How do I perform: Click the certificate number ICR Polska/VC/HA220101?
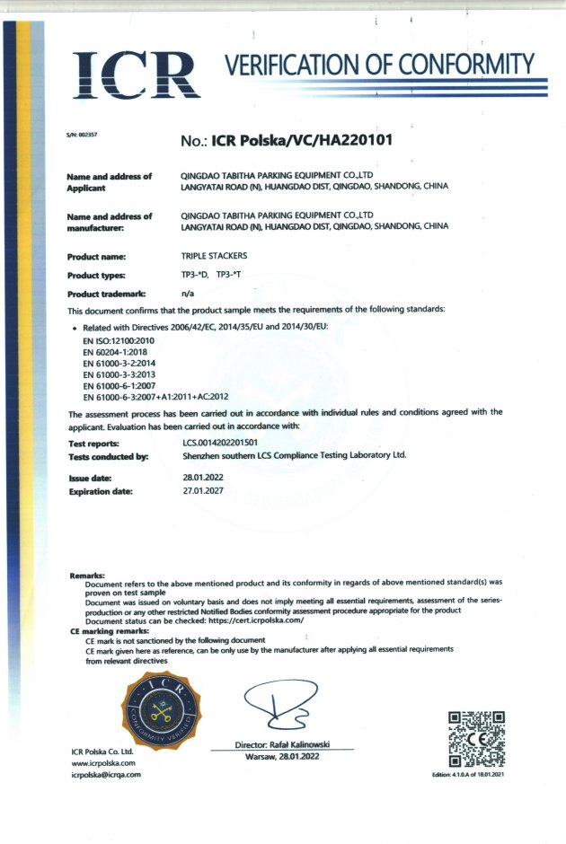pyautogui.click(x=300, y=140)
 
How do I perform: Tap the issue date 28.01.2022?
pyautogui.click(x=200, y=478)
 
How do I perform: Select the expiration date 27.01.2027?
pyautogui.click(x=200, y=491)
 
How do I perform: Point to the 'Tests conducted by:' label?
pyautogui.click(x=108, y=456)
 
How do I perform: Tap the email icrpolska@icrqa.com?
pyautogui.click(x=106, y=775)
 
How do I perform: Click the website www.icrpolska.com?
pyautogui.click(x=102, y=762)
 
